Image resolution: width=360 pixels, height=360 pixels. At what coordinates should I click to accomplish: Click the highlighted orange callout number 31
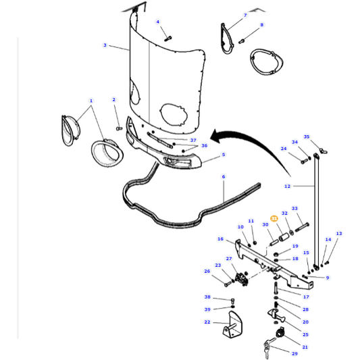tap(274, 218)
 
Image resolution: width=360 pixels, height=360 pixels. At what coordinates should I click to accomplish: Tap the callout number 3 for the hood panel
tap(105, 45)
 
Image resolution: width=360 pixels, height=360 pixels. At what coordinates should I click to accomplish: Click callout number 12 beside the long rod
tap(287, 186)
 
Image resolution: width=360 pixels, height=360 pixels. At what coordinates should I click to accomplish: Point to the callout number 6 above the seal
tap(223, 177)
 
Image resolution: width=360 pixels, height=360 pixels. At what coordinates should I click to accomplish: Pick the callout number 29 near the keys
tap(294, 353)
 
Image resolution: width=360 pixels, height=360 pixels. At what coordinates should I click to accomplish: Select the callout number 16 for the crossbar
tap(220, 239)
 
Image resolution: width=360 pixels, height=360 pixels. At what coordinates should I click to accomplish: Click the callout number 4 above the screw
tap(158, 22)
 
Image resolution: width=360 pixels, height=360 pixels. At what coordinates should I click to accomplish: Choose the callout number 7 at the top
tap(245, 15)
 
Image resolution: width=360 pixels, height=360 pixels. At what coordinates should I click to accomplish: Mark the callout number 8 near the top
tap(262, 25)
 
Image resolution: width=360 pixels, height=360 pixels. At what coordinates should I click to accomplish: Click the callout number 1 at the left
tap(91, 101)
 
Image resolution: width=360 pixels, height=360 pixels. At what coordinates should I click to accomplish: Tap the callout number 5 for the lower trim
tap(224, 155)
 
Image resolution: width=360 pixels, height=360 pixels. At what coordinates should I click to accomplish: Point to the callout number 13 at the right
tap(339, 234)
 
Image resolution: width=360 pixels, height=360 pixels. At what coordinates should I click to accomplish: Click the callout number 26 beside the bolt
tap(207, 272)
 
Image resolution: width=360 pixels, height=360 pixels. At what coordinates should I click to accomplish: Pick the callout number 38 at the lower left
tap(207, 297)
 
